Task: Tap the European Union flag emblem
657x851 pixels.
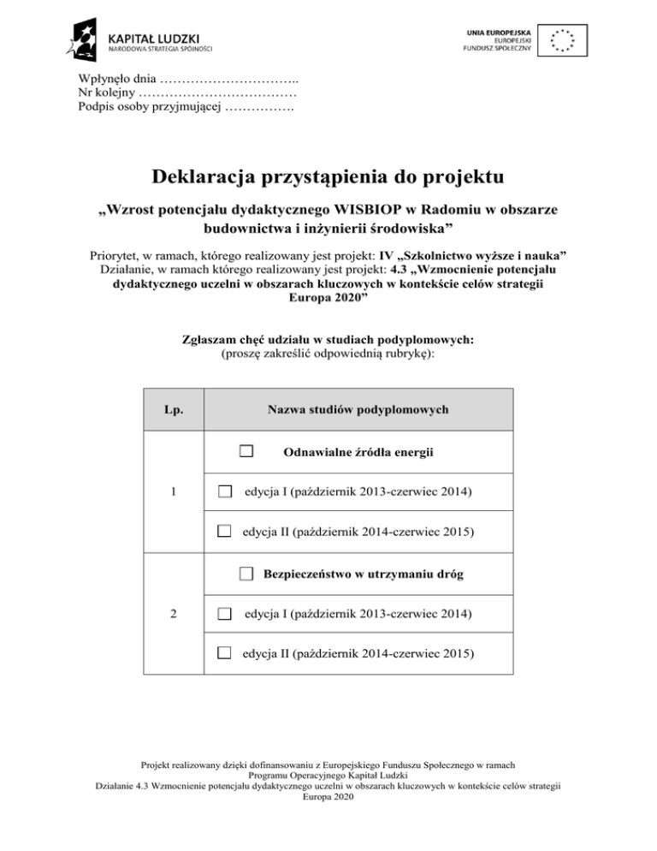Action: pos(563,39)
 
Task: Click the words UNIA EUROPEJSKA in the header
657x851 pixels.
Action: pos(499,31)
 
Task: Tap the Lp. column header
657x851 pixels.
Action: pos(173,410)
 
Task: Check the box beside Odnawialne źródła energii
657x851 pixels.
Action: pos(246,451)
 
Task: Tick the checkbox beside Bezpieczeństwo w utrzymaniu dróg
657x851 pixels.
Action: pos(246,574)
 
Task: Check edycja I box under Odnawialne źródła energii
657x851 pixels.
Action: pos(224,491)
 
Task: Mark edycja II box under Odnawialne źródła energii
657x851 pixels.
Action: pos(224,532)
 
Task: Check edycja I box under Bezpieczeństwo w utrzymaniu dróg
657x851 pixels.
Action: pos(224,614)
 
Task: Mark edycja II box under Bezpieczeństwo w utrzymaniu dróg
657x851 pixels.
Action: pos(224,654)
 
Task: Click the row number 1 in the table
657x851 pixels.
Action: pos(174,491)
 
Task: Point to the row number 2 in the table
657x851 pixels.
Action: pos(174,614)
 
